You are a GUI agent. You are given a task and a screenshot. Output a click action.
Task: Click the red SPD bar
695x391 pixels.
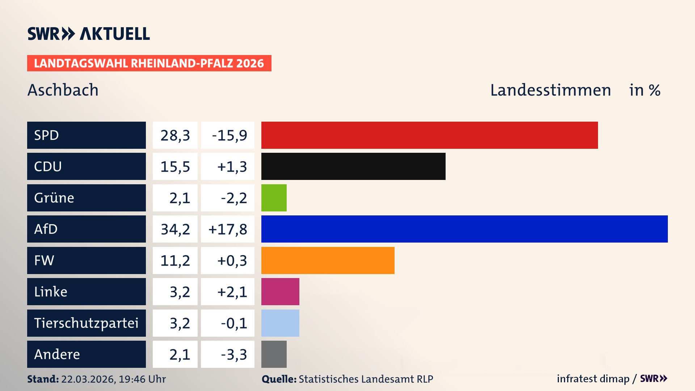[429, 135]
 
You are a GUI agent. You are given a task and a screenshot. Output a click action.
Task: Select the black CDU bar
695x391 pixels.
[353, 167]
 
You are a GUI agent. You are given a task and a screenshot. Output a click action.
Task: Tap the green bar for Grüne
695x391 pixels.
[274, 198]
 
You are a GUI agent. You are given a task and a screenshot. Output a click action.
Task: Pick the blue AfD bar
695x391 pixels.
[464, 229]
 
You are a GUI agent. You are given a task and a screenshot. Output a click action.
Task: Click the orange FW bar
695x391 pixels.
[328, 260]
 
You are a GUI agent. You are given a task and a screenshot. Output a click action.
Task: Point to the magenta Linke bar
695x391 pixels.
[280, 291]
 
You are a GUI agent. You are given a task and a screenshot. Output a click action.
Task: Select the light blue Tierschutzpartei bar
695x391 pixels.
[280, 323]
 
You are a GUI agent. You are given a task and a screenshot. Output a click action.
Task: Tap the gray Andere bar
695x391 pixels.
[274, 354]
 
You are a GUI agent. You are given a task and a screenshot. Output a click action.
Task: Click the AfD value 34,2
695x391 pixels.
[175, 229]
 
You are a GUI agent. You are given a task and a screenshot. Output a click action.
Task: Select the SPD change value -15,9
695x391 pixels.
[229, 135]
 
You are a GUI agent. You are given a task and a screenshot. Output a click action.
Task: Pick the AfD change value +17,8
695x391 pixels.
[228, 229]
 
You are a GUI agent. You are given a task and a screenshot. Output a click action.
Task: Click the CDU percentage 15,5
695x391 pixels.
[175, 167]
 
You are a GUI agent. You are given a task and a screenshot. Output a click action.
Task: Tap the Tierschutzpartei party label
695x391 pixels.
[86, 323]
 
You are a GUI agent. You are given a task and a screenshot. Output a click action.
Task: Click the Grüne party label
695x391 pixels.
[54, 198]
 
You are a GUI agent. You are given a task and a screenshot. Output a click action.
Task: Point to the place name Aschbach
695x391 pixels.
[63, 90]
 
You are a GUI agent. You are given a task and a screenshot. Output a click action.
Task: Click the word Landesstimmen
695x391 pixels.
[550, 90]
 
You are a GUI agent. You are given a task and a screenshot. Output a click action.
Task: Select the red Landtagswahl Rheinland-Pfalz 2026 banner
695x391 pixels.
[149, 63]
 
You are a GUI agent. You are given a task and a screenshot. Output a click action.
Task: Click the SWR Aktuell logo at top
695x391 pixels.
[89, 34]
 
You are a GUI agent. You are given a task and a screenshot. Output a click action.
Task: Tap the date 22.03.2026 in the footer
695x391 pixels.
[88, 379]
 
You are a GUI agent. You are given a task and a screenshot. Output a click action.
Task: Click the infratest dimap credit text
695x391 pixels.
[593, 379]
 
